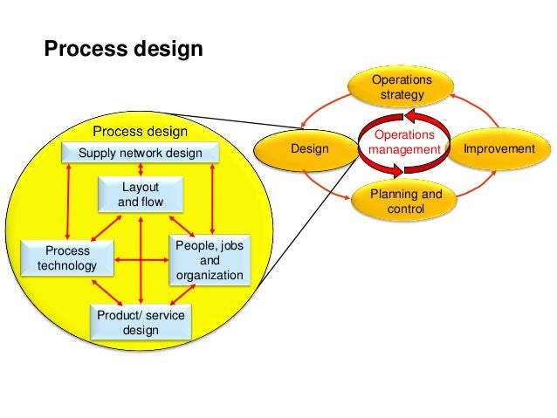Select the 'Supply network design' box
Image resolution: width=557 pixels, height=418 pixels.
[x=141, y=154]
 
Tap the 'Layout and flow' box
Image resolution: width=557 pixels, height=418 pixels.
[x=141, y=195]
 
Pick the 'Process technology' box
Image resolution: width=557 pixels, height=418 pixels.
[x=66, y=257]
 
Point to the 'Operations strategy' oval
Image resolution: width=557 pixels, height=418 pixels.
[x=402, y=87]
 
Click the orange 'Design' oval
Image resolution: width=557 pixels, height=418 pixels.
[x=310, y=149]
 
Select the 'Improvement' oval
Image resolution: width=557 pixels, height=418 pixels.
[x=499, y=149]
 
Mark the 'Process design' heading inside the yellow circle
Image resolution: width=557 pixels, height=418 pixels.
[x=141, y=132]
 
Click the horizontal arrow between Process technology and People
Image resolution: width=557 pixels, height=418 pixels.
[x=141, y=259]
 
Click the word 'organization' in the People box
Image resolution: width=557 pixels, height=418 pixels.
[x=210, y=277]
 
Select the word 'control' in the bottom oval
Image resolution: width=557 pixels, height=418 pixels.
[x=406, y=210]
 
